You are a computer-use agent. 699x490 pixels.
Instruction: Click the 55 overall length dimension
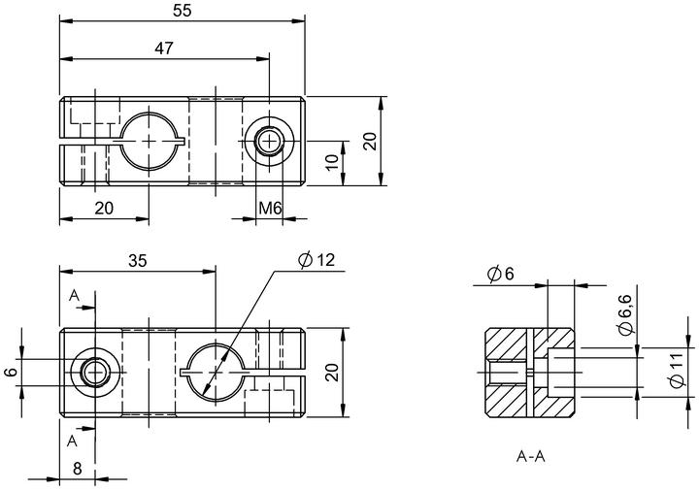182,11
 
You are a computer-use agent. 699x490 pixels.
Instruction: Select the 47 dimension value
164,49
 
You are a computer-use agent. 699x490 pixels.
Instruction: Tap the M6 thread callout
270,208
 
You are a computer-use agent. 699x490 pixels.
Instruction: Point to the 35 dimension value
137,261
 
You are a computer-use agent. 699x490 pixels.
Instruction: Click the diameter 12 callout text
316,260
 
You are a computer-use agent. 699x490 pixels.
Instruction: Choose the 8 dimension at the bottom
78,469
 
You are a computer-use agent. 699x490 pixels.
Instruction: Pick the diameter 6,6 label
625,314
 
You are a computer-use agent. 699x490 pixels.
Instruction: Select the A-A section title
531,456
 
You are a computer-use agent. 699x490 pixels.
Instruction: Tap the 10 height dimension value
333,163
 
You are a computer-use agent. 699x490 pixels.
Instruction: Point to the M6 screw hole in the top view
269,142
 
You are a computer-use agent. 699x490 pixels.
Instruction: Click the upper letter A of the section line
74,295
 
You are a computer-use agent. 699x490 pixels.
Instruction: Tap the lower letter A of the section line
72,441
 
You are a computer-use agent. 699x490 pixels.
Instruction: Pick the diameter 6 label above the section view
501,274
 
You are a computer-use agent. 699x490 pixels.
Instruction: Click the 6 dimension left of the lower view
11,372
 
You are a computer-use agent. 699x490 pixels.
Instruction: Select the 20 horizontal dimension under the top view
104,208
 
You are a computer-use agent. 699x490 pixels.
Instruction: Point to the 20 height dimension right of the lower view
332,372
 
